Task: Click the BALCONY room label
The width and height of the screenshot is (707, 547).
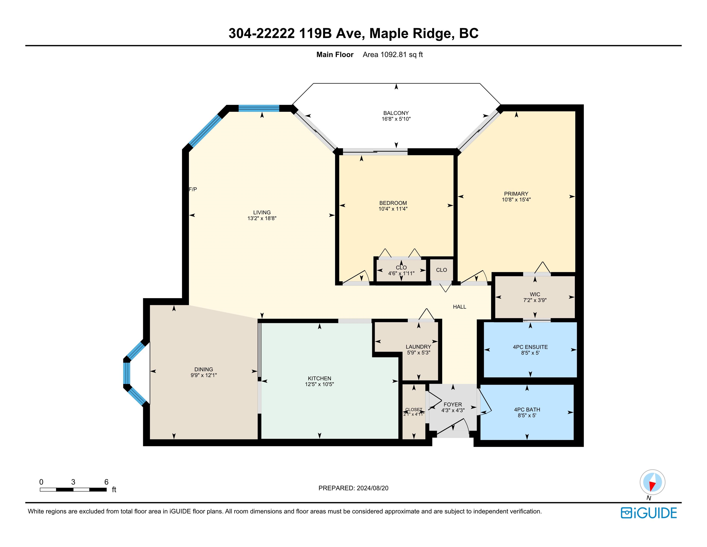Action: pyautogui.click(x=396, y=113)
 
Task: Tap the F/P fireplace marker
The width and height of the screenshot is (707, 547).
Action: pyautogui.click(x=193, y=189)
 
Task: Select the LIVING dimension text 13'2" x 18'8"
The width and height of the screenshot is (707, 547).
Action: pyautogui.click(x=262, y=218)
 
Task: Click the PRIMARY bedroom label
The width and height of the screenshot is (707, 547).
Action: pyautogui.click(x=516, y=194)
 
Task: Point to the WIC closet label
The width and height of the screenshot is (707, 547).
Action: pyautogui.click(x=535, y=294)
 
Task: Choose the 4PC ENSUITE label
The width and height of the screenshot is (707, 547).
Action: pyautogui.click(x=530, y=347)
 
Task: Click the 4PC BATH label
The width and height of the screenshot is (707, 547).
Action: pyautogui.click(x=527, y=410)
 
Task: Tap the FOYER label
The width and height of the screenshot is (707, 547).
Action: pyautogui.click(x=453, y=404)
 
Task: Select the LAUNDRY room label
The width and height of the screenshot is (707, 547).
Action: pyautogui.click(x=418, y=347)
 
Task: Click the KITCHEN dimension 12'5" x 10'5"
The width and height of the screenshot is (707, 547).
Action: pyautogui.click(x=319, y=384)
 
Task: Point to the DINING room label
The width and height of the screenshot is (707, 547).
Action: pyautogui.click(x=204, y=369)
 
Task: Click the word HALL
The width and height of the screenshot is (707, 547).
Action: pyautogui.click(x=459, y=307)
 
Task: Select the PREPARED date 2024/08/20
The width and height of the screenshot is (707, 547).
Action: pyautogui.click(x=372, y=488)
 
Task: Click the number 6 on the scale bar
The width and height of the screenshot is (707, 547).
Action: pyautogui.click(x=106, y=482)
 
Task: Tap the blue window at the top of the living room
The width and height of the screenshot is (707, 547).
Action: pyautogui.click(x=259, y=108)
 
